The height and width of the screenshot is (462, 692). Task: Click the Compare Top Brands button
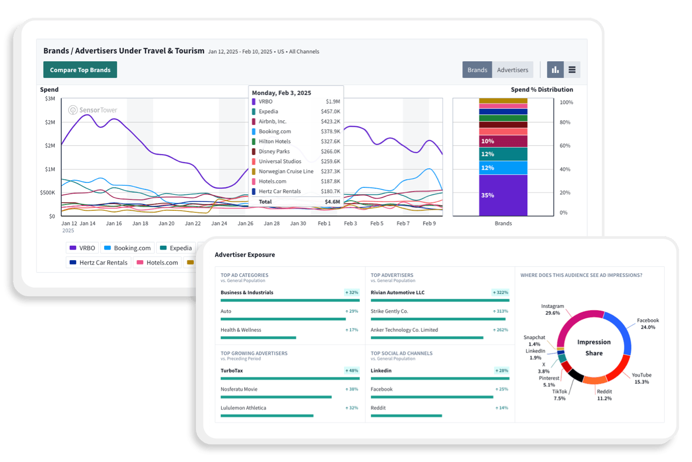click(x=80, y=70)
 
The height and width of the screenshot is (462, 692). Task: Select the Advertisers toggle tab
click(x=512, y=70)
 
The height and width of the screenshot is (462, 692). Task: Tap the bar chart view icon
click(x=555, y=70)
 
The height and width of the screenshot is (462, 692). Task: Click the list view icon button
click(x=572, y=70)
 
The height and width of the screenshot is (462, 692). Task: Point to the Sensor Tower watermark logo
click(x=92, y=110)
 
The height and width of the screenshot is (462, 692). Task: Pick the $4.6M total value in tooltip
click(x=332, y=202)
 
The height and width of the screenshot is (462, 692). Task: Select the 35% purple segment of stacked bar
click(x=503, y=195)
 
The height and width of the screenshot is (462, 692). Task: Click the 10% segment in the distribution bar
click(x=503, y=141)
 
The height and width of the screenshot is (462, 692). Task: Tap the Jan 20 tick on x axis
click(x=166, y=223)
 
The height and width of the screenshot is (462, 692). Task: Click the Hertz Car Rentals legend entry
click(x=99, y=262)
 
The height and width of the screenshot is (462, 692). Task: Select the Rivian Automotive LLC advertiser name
click(x=397, y=292)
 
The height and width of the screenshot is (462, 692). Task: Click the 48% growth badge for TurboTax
click(x=352, y=370)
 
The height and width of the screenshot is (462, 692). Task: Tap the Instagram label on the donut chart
click(x=552, y=306)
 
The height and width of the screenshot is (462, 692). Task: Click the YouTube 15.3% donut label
click(x=642, y=378)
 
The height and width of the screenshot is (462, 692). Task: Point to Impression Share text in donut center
click(x=594, y=348)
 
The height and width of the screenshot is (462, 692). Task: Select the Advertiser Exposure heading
click(x=244, y=254)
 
